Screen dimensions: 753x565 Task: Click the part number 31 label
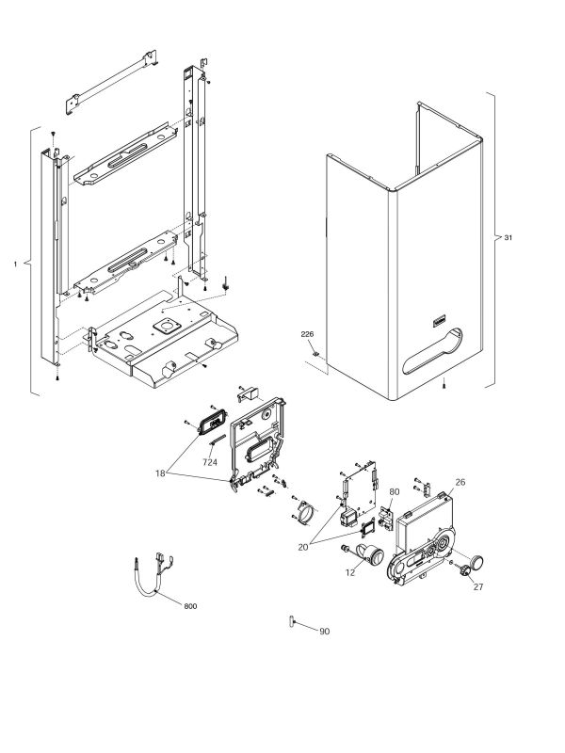[508, 238]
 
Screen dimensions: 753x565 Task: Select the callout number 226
[307, 334]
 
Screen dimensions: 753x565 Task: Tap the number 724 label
[210, 462]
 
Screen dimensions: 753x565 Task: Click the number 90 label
[324, 631]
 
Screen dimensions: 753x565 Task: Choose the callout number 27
[477, 586]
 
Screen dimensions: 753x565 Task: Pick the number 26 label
[460, 482]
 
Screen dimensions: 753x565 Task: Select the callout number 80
[394, 491]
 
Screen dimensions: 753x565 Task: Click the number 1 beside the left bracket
[16, 265]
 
